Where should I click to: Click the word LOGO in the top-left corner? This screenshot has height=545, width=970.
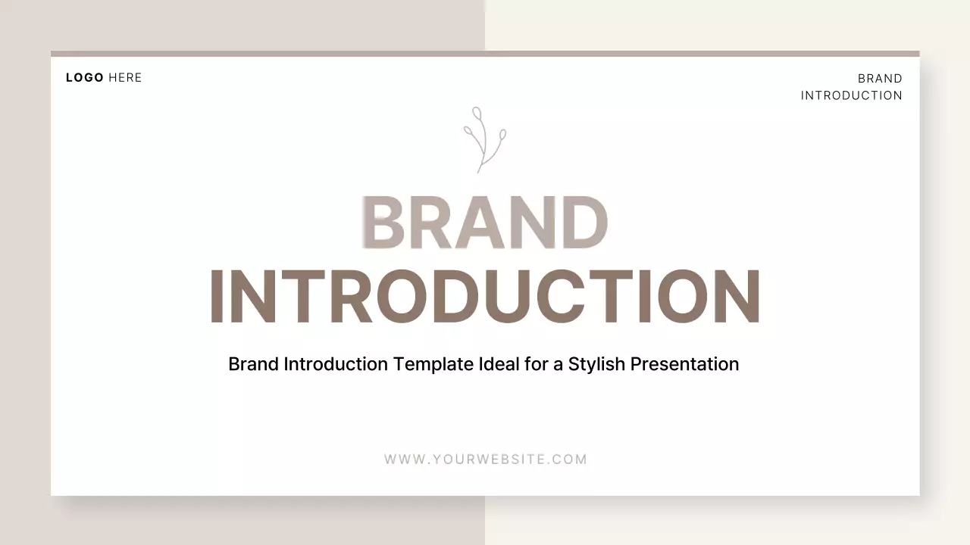pyautogui.click(x=85, y=77)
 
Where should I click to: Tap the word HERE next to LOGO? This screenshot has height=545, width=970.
pyautogui.click(x=125, y=77)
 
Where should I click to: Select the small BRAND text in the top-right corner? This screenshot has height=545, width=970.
pyautogui.click(x=880, y=79)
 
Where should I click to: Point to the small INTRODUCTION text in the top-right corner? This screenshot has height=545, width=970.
pyautogui.click(x=851, y=95)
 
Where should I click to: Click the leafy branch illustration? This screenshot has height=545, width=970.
pyautogui.click(x=484, y=140)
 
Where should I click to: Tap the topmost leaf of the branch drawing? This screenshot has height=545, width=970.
pyautogui.click(x=477, y=114)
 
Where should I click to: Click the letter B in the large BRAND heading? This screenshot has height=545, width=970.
pyautogui.click(x=385, y=223)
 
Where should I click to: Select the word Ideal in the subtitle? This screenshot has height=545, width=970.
pyautogui.click(x=499, y=364)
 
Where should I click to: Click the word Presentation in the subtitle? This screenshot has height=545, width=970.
pyautogui.click(x=684, y=364)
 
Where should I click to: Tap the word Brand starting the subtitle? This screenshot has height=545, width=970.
pyautogui.click(x=253, y=364)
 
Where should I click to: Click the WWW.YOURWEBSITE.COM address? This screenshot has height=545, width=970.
pyautogui.click(x=486, y=459)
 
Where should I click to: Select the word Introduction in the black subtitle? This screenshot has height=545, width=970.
pyautogui.click(x=336, y=364)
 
